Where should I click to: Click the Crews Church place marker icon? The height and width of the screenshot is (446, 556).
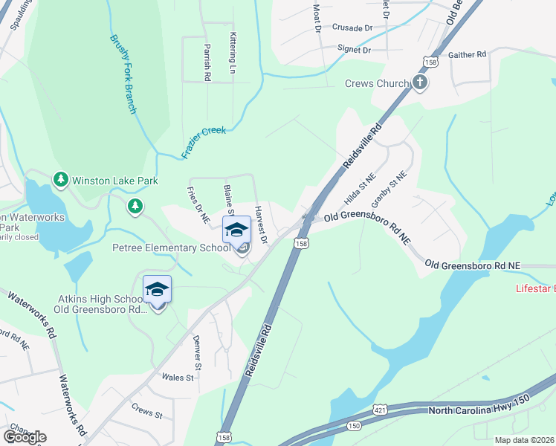(x=420, y=83)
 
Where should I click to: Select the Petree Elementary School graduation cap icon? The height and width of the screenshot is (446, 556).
(x=237, y=230)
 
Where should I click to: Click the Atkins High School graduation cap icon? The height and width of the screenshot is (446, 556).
(x=157, y=289)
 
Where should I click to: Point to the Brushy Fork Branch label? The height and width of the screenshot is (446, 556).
(x=123, y=74)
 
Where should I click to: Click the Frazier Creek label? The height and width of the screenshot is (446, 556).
(x=203, y=143)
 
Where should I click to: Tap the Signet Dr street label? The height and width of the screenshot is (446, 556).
(x=354, y=51)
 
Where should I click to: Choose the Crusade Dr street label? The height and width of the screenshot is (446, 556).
(x=352, y=28)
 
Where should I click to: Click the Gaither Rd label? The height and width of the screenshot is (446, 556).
(x=467, y=55)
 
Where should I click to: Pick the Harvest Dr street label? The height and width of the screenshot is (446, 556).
(x=261, y=225)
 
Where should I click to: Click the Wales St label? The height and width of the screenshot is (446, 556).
(x=178, y=378)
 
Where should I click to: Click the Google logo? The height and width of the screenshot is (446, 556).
(x=25, y=436)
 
